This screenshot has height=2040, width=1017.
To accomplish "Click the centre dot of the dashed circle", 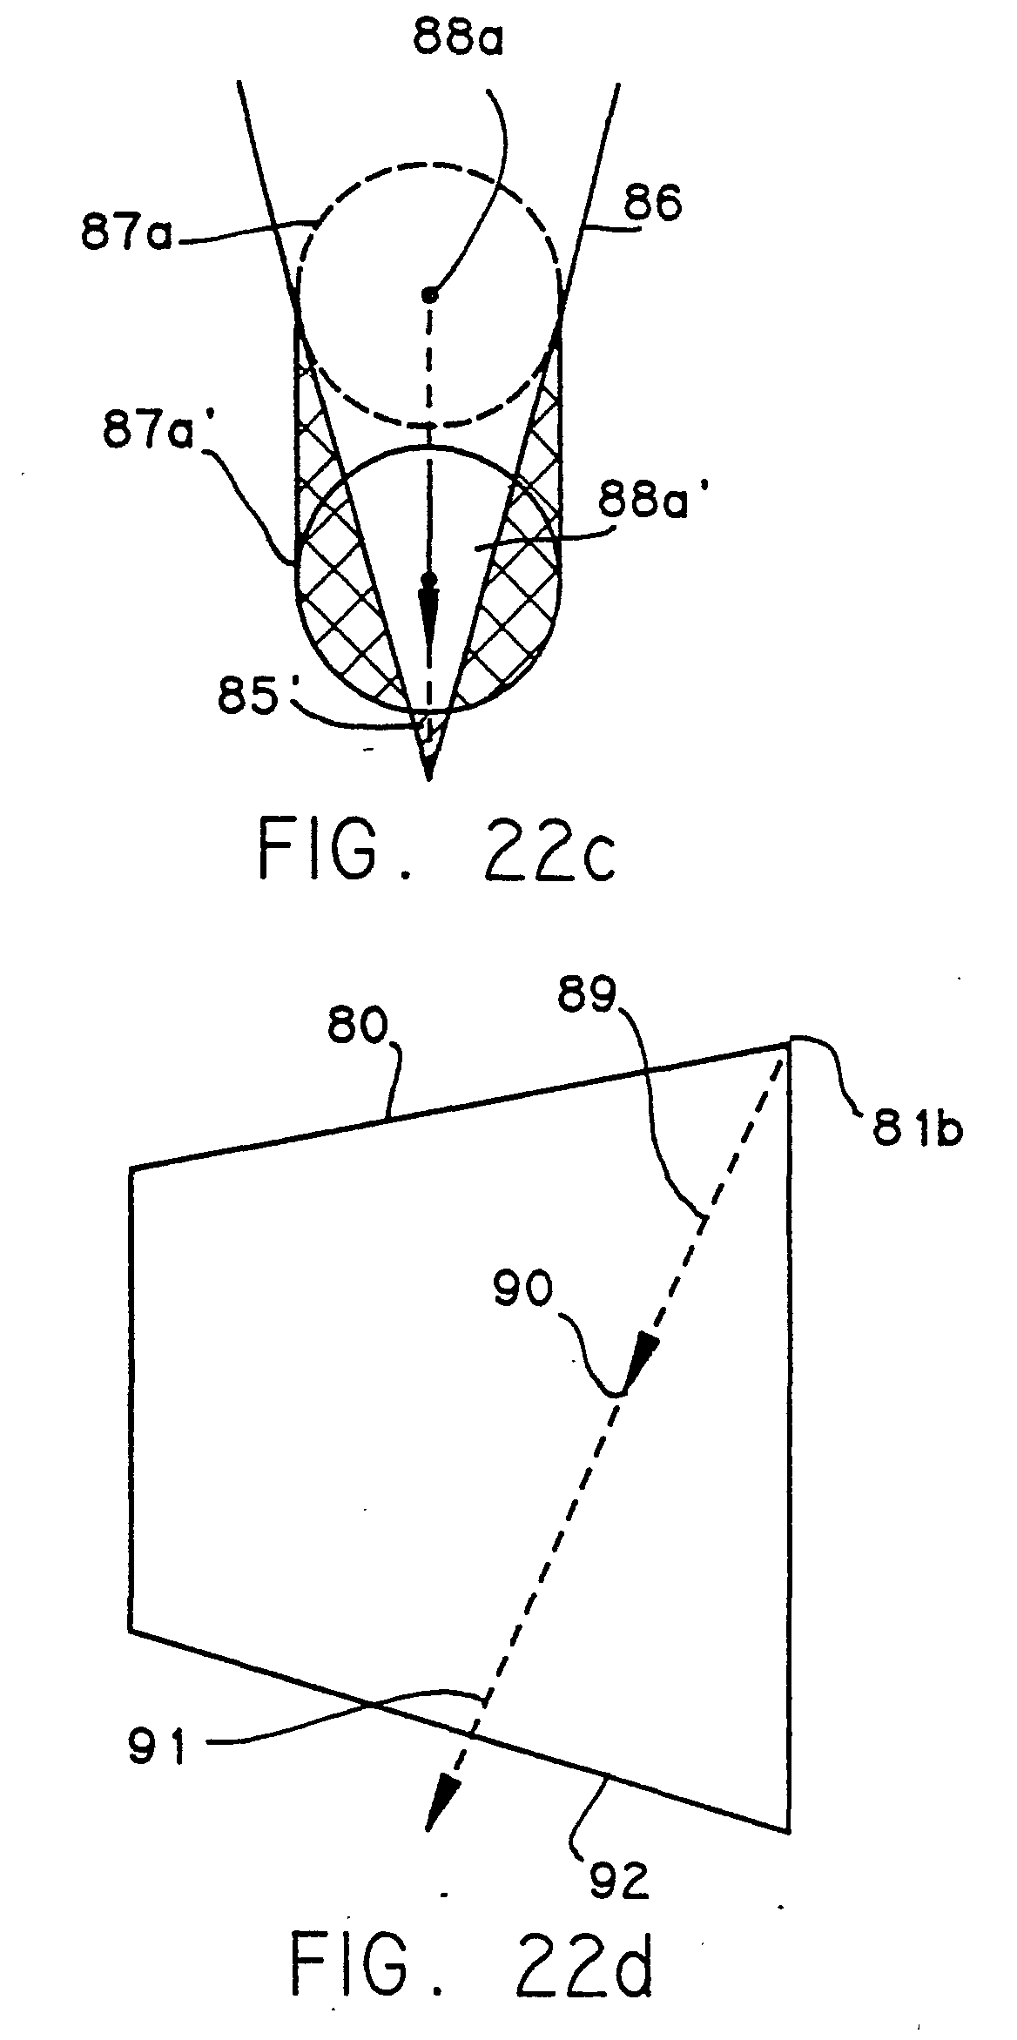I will [428, 293].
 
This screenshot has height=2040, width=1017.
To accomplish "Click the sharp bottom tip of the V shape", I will [428, 778].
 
